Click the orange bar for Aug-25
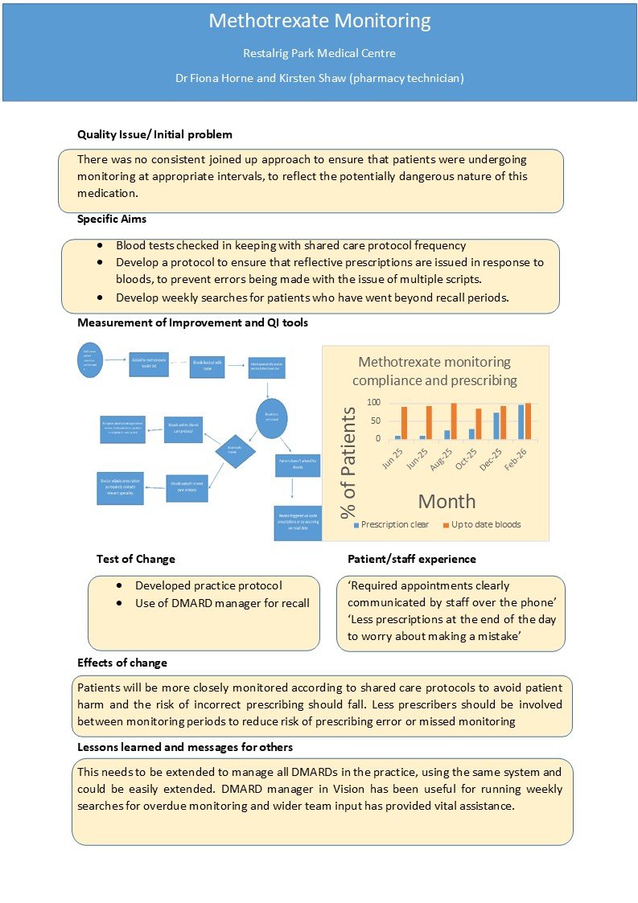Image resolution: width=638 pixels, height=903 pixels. (454, 421)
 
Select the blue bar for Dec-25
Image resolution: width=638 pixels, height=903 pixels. (496, 425)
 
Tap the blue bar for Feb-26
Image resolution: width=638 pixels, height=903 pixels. (521, 421)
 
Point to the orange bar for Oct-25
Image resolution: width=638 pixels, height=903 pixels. (480, 424)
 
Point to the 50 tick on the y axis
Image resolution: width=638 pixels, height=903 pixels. (374, 421)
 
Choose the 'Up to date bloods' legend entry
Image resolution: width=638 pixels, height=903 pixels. (480, 524)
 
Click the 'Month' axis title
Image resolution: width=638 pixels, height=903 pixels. (447, 501)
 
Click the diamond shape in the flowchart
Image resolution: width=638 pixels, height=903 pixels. (236, 451)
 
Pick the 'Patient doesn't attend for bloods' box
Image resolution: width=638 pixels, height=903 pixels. (298, 463)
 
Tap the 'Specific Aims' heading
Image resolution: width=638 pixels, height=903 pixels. (112, 219)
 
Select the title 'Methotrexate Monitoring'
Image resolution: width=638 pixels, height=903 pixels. (319, 21)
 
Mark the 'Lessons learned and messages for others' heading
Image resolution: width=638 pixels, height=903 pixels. (185, 747)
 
